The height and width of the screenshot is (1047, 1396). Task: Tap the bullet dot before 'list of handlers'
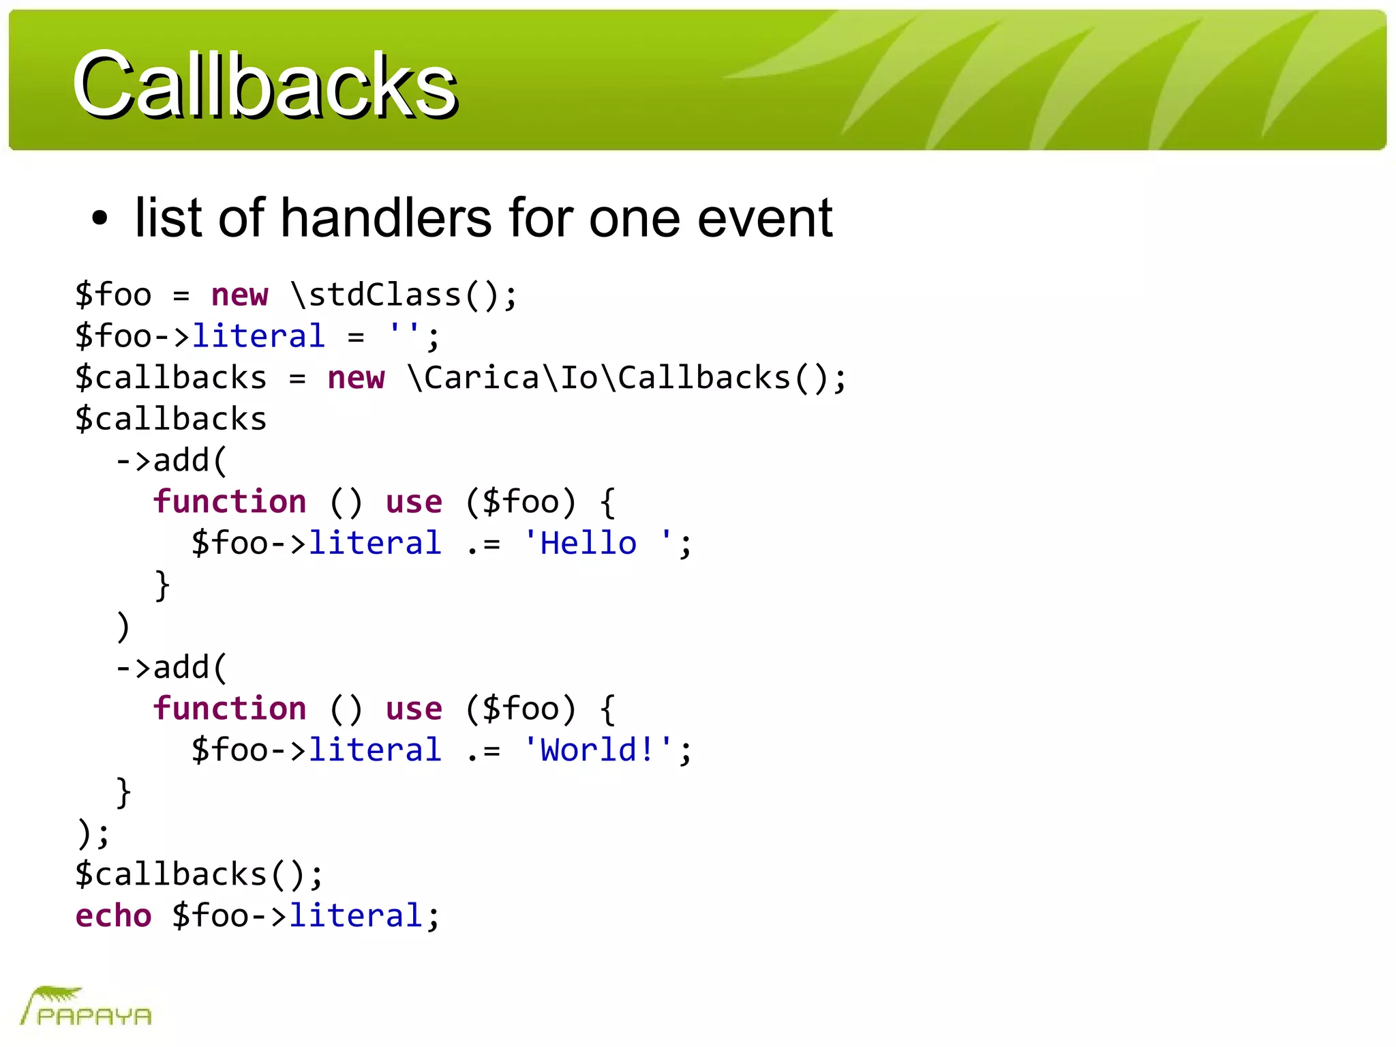(100, 219)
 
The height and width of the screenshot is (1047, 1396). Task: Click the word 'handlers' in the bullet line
(385, 218)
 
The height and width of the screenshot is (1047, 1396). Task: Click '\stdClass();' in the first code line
(404, 295)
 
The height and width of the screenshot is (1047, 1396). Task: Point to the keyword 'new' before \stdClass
(240, 295)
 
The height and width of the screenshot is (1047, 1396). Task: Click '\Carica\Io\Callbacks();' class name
(626, 378)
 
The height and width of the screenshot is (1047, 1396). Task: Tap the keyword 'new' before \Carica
(356, 378)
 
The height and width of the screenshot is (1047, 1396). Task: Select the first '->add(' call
(170, 460)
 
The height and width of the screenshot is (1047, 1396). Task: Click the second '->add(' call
(170, 667)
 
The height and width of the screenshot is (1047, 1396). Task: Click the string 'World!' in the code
(597, 750)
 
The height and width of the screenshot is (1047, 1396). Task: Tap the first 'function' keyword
(230, 502)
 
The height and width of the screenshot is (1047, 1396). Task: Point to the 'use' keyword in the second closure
(414, 709)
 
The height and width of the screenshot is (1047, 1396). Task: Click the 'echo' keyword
(113, 915)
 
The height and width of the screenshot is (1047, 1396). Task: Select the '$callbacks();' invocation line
(199, 874)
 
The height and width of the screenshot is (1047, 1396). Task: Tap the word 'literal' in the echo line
(356, 915)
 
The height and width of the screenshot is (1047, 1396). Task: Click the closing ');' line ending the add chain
(93, 833)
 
